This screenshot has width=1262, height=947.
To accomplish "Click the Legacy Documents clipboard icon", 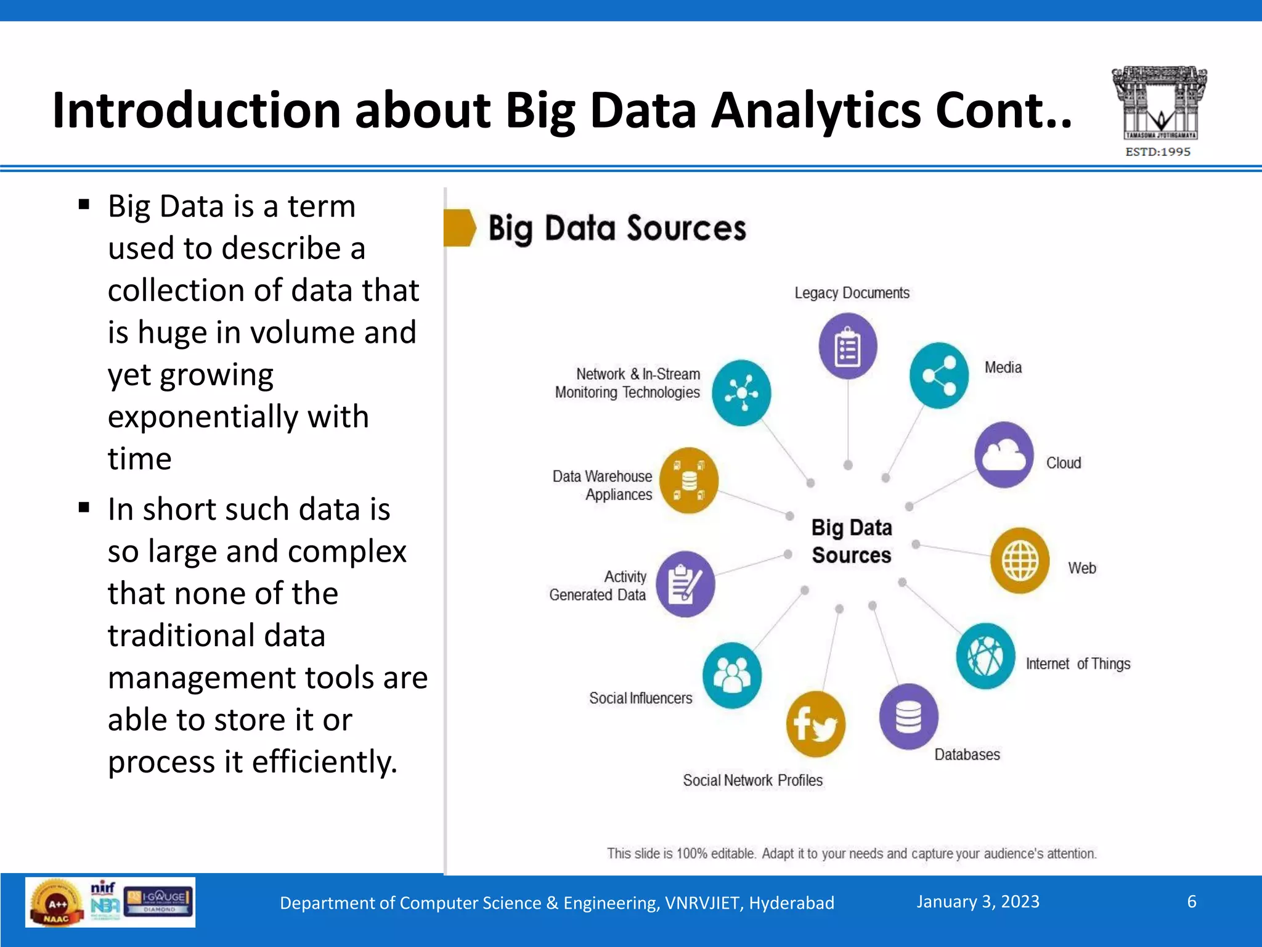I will click(848, 346).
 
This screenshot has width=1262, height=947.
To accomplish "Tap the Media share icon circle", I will click(939, 375).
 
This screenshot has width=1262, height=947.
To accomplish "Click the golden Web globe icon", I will click(1020, 560).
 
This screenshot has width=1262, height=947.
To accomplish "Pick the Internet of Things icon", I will click(985, 656).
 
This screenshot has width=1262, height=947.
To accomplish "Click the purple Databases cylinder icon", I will click(908, 716).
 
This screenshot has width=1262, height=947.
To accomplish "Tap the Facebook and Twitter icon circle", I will click(815, 724).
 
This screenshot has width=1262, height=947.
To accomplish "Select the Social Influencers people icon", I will click(732, 675).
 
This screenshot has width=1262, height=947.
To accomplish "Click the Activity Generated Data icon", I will click(685, 584).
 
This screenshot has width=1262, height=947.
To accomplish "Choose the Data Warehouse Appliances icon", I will click(689, 481).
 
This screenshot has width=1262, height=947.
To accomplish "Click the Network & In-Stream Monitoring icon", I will click(741, 393).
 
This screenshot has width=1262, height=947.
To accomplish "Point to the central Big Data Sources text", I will click(852, 541).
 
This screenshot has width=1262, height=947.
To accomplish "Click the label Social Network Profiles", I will click(752, 781).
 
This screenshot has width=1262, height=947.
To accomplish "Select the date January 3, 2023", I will click(978, 902).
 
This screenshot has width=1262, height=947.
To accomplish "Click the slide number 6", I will click(1192, 902).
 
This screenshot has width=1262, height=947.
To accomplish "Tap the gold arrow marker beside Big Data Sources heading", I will click(460, 228).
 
